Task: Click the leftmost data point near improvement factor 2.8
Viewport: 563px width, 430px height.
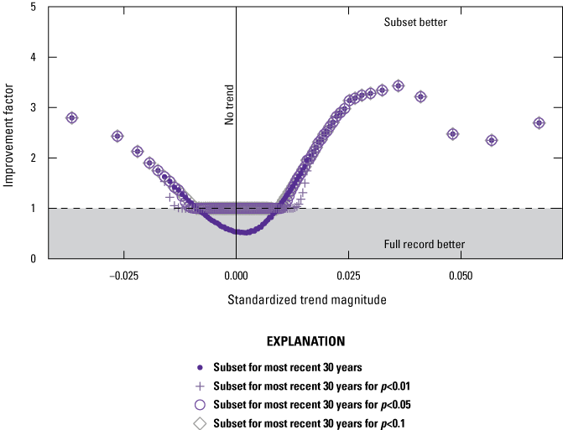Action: tap(72, 117)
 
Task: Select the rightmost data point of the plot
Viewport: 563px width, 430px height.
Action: tap(539, 122)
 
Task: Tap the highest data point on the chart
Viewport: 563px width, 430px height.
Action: tap(399, 85)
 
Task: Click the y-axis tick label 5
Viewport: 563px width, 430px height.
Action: tap(32, 7)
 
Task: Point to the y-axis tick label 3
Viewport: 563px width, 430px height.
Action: tap(32, 107)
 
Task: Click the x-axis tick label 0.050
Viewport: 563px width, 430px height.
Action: tap(461, 275)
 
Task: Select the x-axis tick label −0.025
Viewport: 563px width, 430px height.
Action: tap(123, 275)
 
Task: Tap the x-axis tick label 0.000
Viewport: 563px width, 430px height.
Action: tap(236, 275)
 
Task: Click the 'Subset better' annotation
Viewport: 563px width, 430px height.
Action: tap(415, 23)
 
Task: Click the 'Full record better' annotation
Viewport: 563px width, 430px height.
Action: tap(425, 245)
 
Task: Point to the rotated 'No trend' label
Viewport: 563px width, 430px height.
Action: tap(229, 105)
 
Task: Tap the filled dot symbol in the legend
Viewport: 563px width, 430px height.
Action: tap(200, 367)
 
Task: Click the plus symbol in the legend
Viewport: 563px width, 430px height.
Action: tap(200, 386)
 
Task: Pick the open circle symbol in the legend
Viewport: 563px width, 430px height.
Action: tap(200, 404)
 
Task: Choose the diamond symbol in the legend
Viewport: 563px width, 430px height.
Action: tap(200, 422)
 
